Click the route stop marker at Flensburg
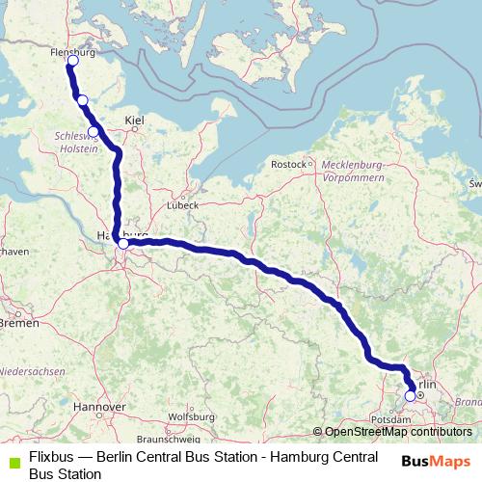pos(72,61)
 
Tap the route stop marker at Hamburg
pos(122,244)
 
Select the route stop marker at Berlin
pos(411,395)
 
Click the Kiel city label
pos(134,120)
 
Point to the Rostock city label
pos(288,165)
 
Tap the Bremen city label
pos(18,323)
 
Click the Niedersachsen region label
pos(33,371)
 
